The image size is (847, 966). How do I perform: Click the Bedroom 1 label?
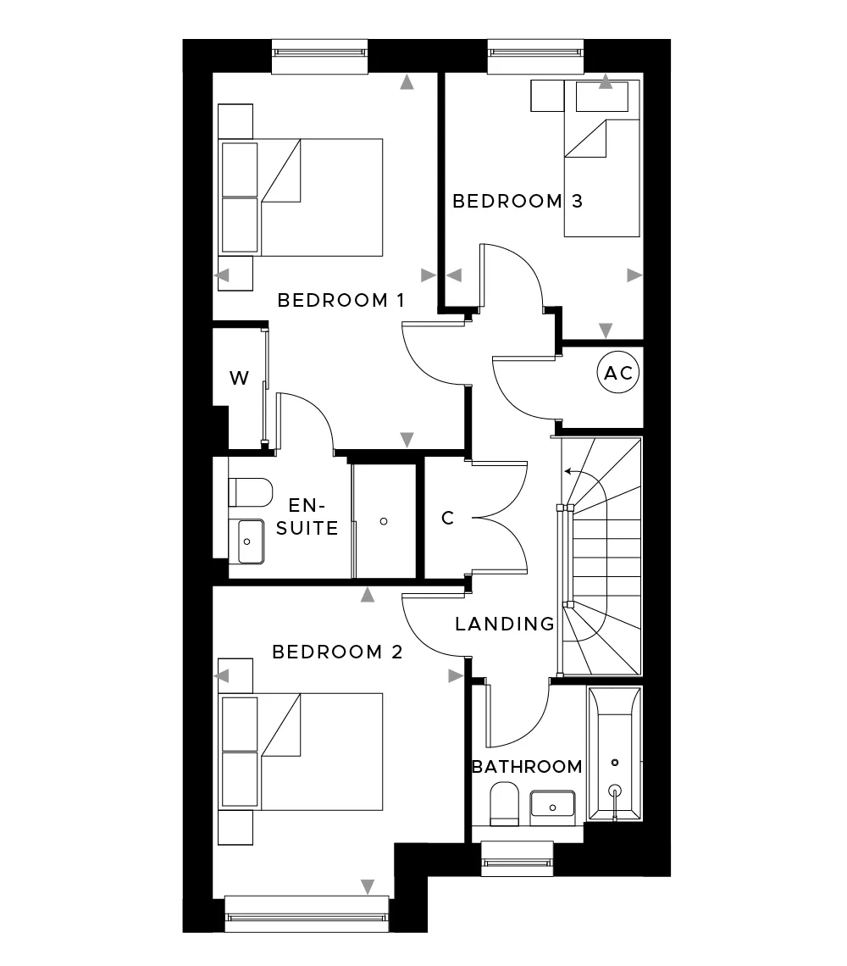coord(340,300)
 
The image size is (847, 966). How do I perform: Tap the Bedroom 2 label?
coord(337,651)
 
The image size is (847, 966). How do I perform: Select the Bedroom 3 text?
coord(518,201)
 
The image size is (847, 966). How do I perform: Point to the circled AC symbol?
coord(618,372)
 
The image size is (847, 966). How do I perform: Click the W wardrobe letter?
coord(239,378)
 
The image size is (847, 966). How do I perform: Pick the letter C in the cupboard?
coord(448,518)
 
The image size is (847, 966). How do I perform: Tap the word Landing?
coord(505,624)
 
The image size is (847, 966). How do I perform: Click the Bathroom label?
coord(527,766)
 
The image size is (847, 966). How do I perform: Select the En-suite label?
coord(307,516)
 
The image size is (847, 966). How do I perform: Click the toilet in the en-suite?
coord(250,492)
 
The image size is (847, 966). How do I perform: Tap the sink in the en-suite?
coord(246,541)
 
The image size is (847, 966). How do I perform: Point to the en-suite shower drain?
coord(384,521)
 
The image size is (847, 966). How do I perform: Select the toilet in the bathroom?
coord(505,804)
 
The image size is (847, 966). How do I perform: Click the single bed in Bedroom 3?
coord(602,158)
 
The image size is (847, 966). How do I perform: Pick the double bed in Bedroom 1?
coord(302,197)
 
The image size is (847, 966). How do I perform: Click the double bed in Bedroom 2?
coord(302,752)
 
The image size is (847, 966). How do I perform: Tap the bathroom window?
coord(518,858)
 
